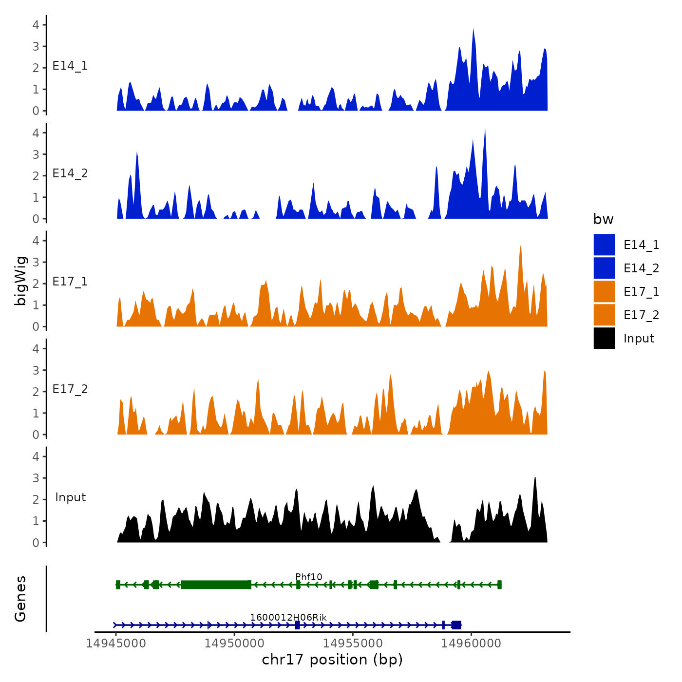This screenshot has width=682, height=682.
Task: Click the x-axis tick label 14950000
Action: [x=234, y=644]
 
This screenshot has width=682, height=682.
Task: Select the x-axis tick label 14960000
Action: [x=471, y=644]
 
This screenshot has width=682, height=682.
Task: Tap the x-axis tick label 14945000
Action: [x=116, y=644]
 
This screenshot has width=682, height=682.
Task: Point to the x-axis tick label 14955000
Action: [x=353, y=644]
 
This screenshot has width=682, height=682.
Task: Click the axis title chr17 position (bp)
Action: [x=332, y=660]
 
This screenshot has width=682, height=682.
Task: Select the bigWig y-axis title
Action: [x=20, y=281]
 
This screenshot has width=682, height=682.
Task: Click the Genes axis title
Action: [x=20, y=599]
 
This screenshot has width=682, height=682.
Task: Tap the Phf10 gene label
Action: [x=309, y=577]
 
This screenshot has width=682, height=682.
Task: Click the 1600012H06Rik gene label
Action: [x=288, y=618]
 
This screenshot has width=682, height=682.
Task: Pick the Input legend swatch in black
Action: [x=604, y=339]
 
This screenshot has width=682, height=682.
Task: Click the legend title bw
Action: [x=603, y=220]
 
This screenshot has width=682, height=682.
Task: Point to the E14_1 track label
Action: [x=70, y=66]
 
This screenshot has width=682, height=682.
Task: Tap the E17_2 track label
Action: [x=70, y=389]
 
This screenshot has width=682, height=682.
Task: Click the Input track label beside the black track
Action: [x=70, y=497]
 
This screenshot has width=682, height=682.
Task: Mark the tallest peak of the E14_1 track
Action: [x=473, y=30]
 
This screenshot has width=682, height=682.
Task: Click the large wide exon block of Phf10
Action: [x=216, y=585]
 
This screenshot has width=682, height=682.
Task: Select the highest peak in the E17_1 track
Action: [x=521, y=247]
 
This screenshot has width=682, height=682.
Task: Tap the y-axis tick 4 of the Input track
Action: [x=36, y=456]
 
